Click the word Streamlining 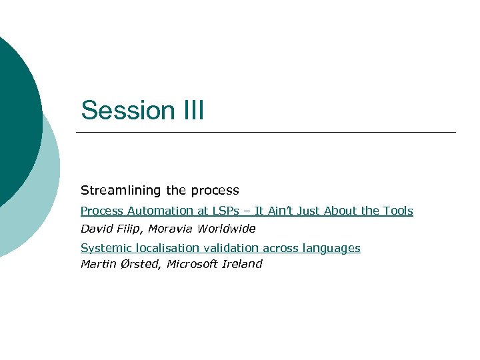(x=117, y=191)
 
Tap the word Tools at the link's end (x=398, y=211)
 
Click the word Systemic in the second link (x=103, y=248)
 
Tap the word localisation (x=161, y=248)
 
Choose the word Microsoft (x=192, y=264)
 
